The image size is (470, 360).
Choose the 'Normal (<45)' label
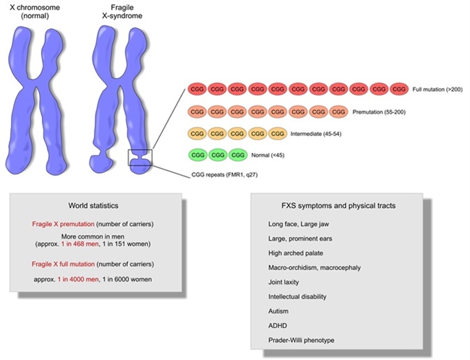270,155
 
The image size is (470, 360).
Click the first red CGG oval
197,89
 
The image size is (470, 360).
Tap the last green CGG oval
238,154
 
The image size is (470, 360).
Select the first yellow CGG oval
197,133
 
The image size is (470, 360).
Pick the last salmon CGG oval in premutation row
339,111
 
